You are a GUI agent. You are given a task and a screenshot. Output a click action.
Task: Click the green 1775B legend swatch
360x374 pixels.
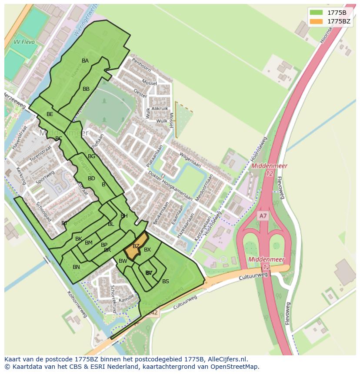pyautogui.click(x=316, y=13)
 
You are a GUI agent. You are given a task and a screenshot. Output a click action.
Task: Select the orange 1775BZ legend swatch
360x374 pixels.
pyautogui.click(x=316, y=21)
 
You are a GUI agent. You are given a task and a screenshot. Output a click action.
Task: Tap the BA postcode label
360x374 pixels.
pyautogui.click(x=85, y=61)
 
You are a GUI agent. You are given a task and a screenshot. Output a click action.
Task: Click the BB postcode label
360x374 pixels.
pyautogui.click(x=86, y=89)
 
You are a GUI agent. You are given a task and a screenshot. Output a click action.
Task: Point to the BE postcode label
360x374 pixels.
pyautogui.click(x=50, y=114)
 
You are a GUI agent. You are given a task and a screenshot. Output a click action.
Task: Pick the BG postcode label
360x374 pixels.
pyautogui.click(x=91, y=156)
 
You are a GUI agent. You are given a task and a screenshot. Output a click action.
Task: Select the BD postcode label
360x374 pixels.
pyautogui.click(x=91, y=179)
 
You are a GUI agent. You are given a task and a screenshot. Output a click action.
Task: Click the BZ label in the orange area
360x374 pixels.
pyautogui.click(x=136, y=246)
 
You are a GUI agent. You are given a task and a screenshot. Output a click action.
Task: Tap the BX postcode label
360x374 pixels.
pyautogui.click(x=147, y=250)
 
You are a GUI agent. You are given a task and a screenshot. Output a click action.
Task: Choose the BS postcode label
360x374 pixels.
pyautogui.click(x=165, y=281)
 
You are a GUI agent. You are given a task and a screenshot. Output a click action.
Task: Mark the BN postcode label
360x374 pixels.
pyautogui.click(x=76, y=267)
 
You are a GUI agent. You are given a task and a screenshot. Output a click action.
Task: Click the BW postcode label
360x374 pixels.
pyautogui.click(x=123, y=261)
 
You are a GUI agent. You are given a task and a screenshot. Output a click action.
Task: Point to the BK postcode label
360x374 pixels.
pyautogui.click(x=79, y=239)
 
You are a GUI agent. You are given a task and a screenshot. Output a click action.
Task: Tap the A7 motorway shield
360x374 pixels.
pyautogui.click(x=263, y=215)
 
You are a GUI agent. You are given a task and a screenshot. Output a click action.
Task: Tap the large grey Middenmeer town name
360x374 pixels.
pyautogui.click(x=63, y=132)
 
